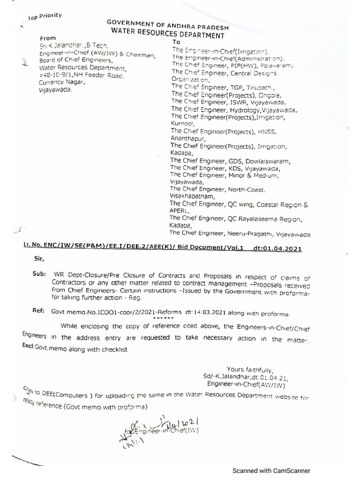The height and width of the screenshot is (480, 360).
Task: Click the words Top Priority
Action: tap(45, 17)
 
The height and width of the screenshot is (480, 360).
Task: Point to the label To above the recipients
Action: tap(176, 42)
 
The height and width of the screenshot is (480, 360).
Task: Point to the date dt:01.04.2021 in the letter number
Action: tap(277, 248)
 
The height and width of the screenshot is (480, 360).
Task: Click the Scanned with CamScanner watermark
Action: tap(272, 471)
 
